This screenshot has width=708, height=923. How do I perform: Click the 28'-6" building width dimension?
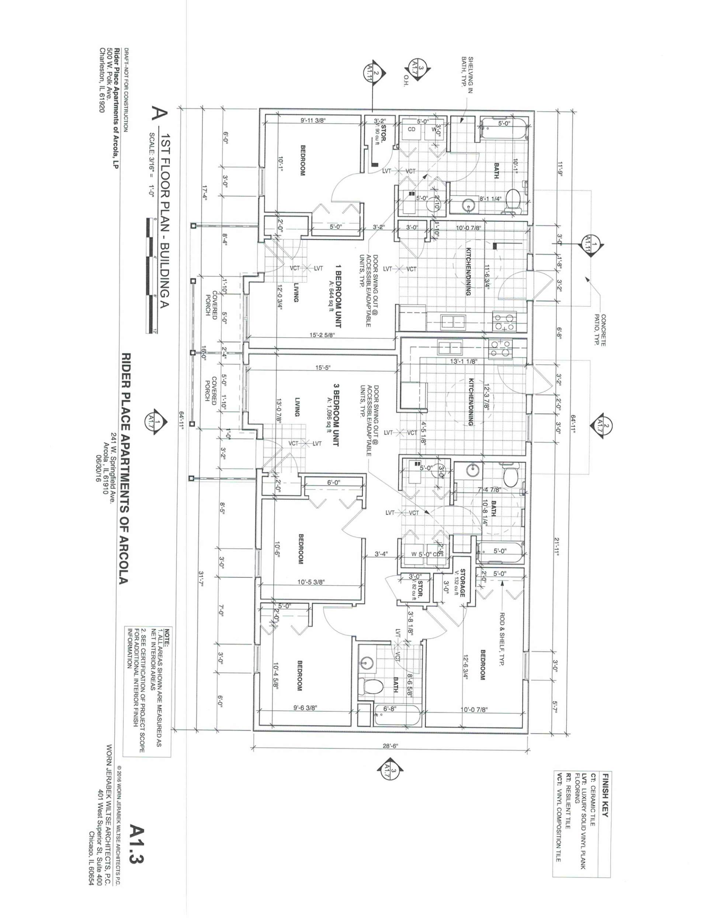coord(390,746)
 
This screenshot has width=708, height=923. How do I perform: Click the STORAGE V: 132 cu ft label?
coord(460,582)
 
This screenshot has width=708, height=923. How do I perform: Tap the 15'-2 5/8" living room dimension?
coord(322,335)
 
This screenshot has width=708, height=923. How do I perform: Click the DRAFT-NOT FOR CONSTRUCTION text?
coord(126,91)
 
